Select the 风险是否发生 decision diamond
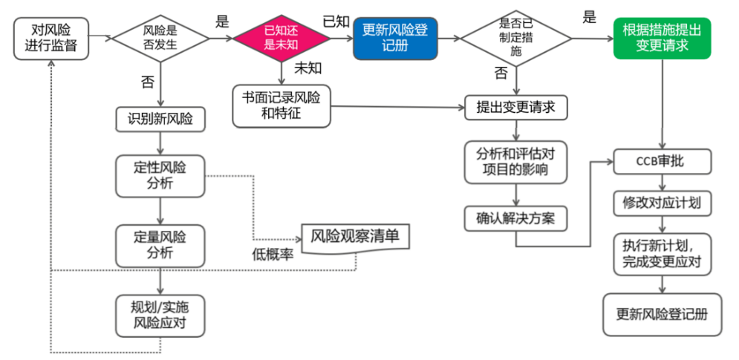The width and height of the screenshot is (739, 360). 159,37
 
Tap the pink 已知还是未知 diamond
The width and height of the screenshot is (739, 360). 281,38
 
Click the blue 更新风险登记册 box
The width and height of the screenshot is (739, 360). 394,39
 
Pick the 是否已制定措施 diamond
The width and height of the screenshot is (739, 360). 515,38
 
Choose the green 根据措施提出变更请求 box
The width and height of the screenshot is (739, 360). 661,38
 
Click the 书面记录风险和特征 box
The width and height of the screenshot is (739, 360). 280,107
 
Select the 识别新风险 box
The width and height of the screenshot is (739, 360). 160,119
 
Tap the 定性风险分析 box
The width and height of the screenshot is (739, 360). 160,176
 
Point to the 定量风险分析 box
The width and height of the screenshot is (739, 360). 160,245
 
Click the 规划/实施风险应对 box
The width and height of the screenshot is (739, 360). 160,315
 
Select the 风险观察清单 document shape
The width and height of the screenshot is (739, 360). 355,238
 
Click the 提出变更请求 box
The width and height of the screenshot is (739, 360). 515,107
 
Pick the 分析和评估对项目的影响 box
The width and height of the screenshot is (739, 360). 515,162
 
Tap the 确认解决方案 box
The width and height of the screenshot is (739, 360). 515,219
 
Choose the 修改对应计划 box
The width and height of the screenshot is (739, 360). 661,202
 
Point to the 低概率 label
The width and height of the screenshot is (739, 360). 273,255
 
